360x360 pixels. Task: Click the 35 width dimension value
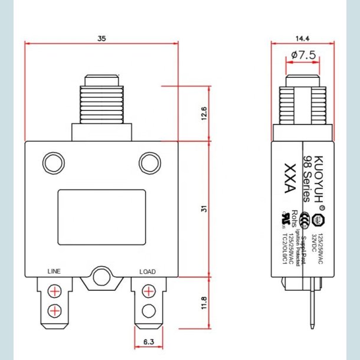point(102,38)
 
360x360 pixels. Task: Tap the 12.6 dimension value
point(204,113)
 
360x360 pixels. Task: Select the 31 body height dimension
point(204,209)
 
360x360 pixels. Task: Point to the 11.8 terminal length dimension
point(204,303)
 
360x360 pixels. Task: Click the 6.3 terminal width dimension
point(149,342)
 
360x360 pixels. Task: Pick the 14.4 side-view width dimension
point(303,38)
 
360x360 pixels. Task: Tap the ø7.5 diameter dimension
point(303,55)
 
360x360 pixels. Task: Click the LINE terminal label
point(54,272)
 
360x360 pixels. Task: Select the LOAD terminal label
point(148,272)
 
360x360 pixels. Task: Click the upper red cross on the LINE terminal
point(54,292)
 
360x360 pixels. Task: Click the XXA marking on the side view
point(289,178)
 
